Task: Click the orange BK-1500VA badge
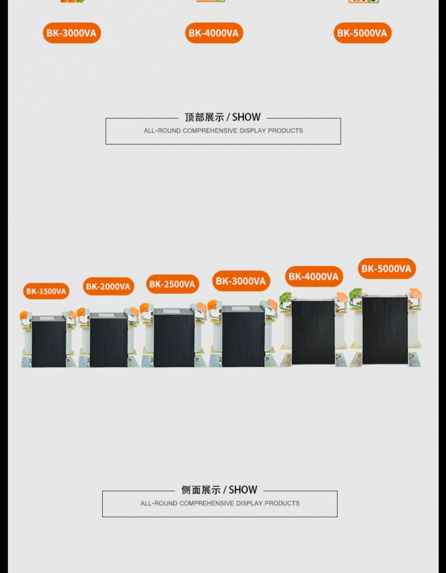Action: [x=46, y=291]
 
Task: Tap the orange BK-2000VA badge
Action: [x=108, y=286]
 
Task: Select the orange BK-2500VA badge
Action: [x=173, y=284]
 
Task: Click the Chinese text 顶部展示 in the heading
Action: [x=204, y=118]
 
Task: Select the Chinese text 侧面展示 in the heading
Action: [x=201, y=490]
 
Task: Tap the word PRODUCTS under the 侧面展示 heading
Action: [x=282, y=503]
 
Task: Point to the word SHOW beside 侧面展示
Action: [x=243, y=490]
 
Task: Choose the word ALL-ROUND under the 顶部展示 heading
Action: [x=162, y=131]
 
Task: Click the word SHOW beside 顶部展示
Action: [x=246, y=118]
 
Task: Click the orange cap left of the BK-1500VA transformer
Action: [x=24, y=315]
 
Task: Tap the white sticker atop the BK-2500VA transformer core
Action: [x=171, y=311]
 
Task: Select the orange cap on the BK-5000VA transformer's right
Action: [x=416, y=293]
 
